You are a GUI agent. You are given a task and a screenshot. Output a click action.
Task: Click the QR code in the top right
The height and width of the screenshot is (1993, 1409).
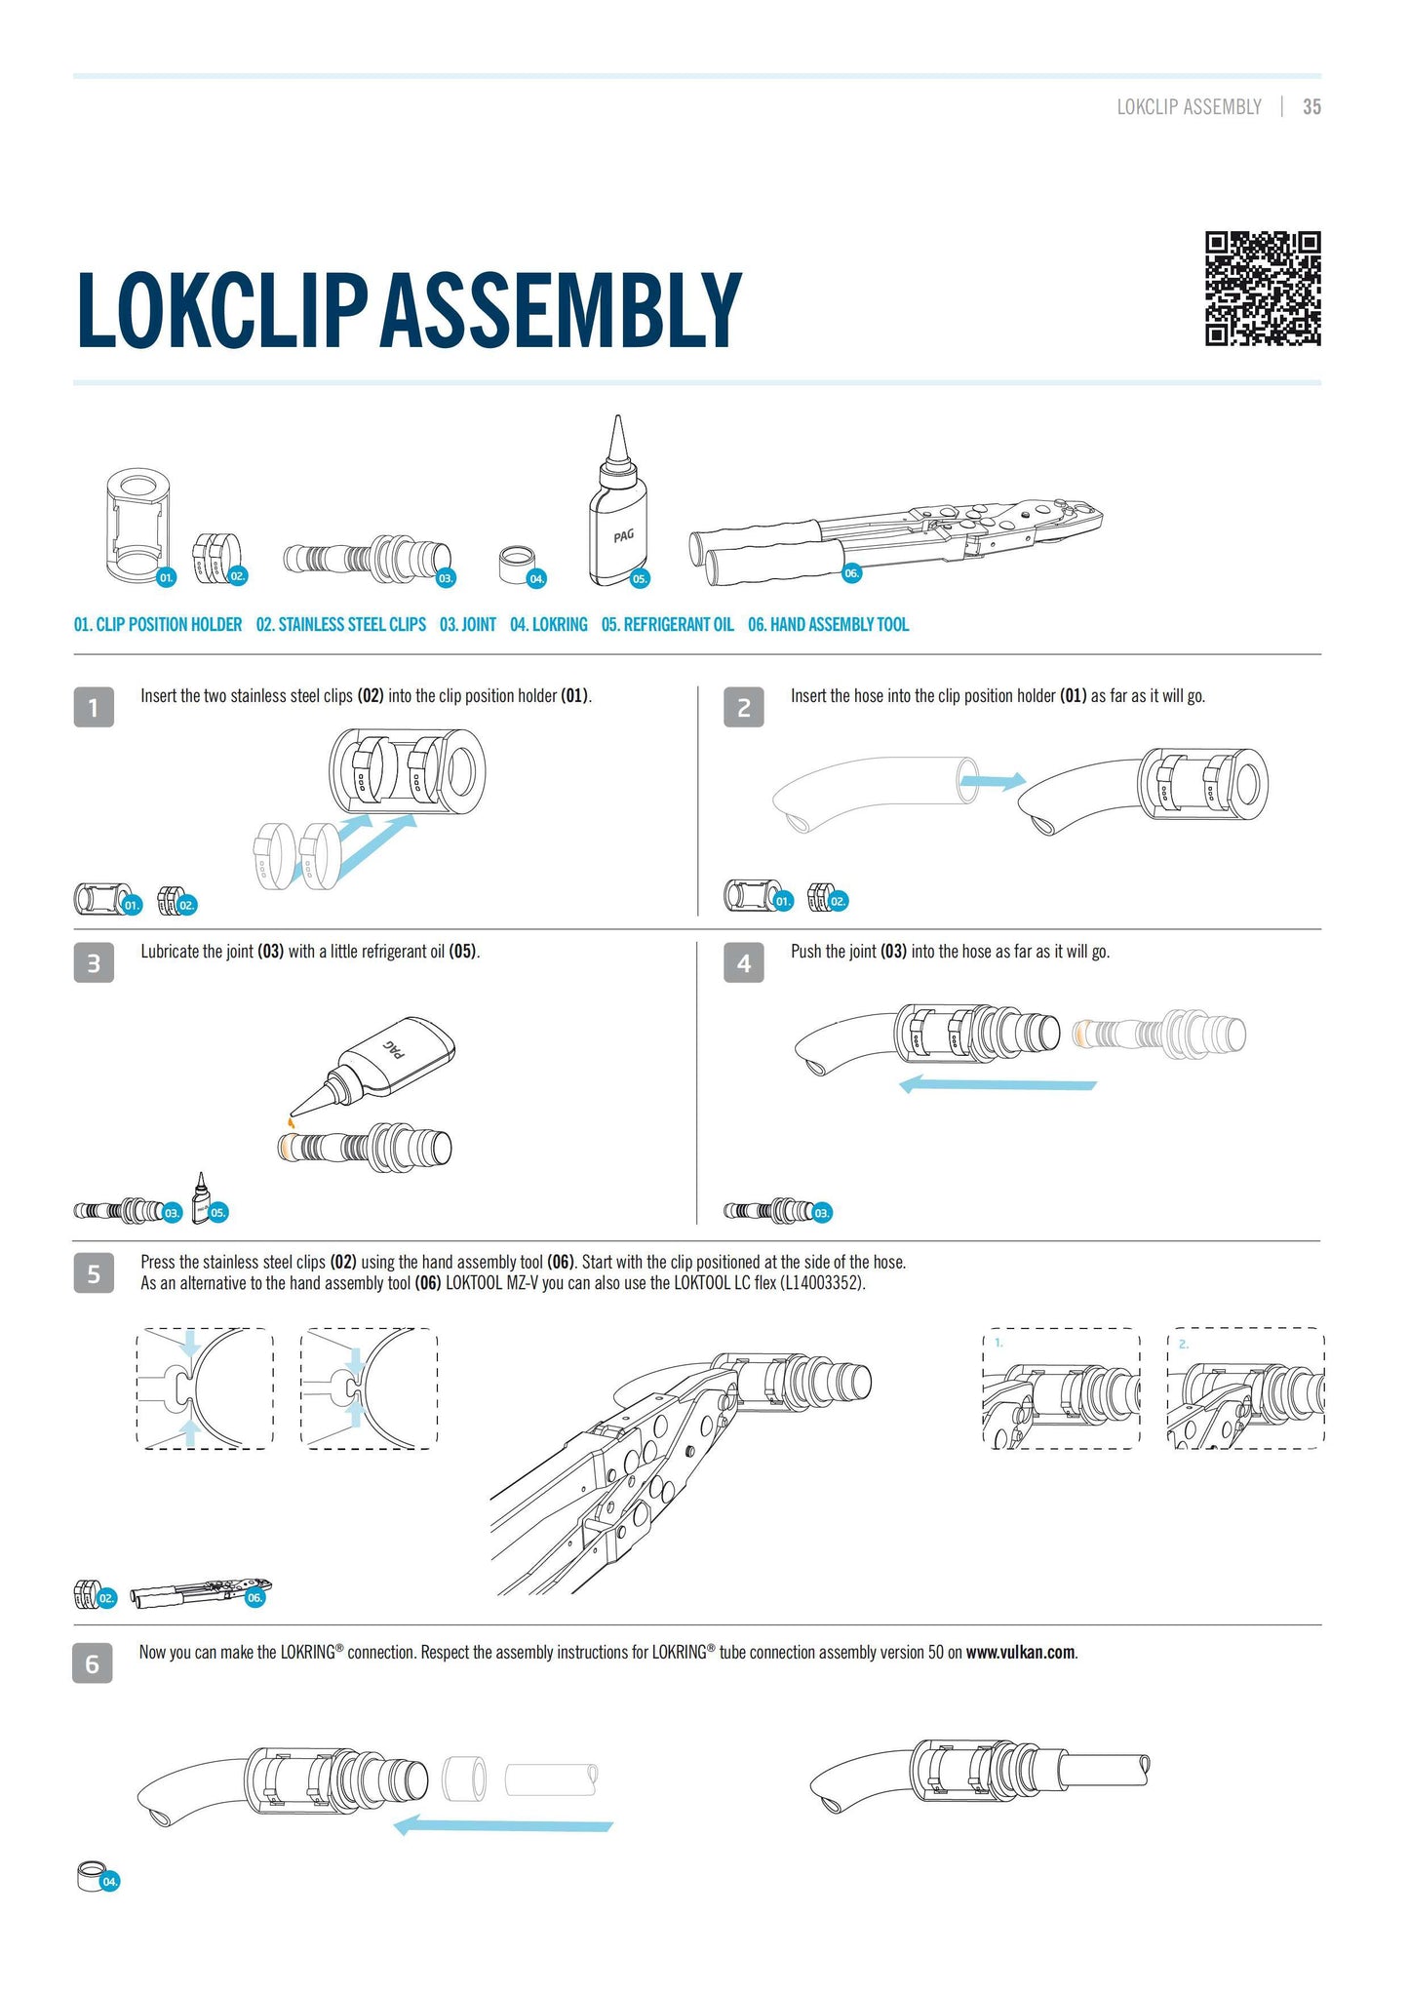pyautogui.click(x=1263, y=289)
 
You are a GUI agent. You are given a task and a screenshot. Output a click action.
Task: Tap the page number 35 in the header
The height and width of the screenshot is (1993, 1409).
pyautogui.click(x=1311, y=107)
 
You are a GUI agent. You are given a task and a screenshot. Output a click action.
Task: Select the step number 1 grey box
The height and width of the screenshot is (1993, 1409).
pyautogui.click(x=94, y=707)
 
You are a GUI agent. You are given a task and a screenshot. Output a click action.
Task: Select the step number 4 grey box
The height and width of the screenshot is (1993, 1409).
pyautogui.click(x=744, y=963)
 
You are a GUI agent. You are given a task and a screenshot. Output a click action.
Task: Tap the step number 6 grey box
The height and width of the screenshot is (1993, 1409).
pyautogui.click(x=93, y=1663)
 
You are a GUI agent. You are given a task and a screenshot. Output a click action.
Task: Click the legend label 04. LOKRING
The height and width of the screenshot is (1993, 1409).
pyautogui.click(x=549, y=625)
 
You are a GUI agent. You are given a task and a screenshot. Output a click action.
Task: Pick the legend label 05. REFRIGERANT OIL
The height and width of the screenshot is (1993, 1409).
pyautogui.click(x=668, y=625)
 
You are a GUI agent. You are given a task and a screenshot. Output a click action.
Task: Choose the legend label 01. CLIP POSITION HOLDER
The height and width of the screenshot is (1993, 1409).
pyautogui.click(x=158, y=625)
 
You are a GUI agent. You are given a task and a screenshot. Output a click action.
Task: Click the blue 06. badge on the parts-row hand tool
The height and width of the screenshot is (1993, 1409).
pyautogui.click(x=851, y=573)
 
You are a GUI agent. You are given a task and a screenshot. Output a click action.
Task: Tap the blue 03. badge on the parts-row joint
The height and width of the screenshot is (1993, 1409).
pyautogui.click(x=446, y=578)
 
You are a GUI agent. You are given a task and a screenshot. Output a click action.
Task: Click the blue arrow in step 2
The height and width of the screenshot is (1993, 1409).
pyautogui.click(x=994, y=780)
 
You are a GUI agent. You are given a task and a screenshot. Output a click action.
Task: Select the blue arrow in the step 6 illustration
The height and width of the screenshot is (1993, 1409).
pyautogui.click(x=503, y=1823)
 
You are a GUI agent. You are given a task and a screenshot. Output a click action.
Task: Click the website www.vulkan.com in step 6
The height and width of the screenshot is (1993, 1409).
pyautogui.click(x=1021, y=1653)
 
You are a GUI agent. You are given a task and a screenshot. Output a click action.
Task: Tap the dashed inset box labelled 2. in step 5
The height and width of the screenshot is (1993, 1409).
pyautogui.click(x=1245, y=1388)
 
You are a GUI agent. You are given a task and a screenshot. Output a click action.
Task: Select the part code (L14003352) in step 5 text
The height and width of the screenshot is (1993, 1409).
pyautogui.click(x=822, y=1283)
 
